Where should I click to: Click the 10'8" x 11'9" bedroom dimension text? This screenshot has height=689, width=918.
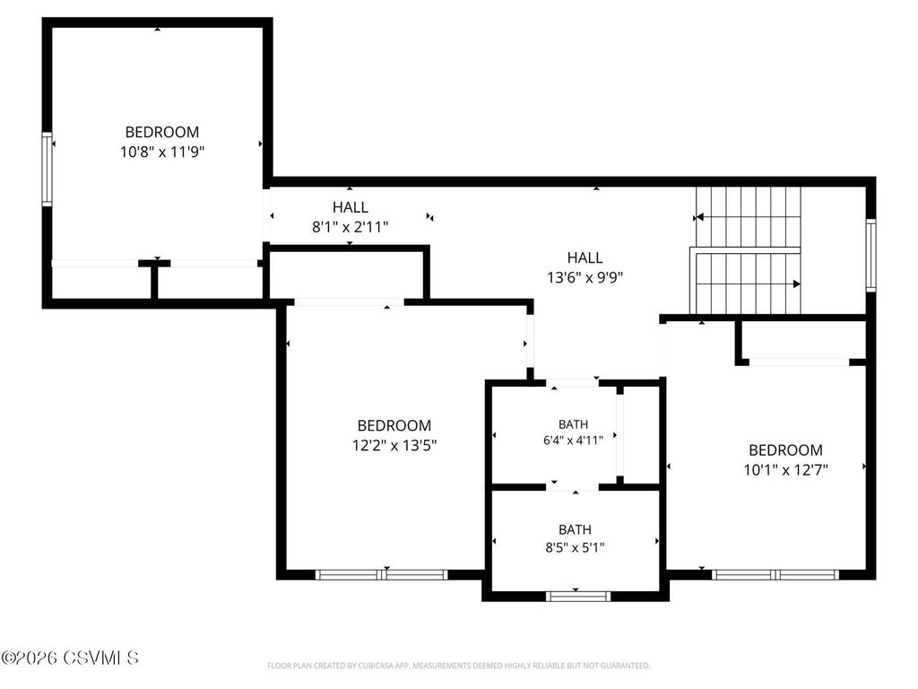point(162,153)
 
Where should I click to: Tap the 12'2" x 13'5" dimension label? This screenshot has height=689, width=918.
point(394,446)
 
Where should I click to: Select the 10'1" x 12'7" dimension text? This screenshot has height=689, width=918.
point(785,470)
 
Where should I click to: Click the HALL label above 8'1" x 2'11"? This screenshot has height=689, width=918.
point(351,207)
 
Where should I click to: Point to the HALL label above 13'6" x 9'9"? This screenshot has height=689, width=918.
point(585,257)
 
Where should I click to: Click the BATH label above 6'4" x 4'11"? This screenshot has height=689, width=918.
point(573,424)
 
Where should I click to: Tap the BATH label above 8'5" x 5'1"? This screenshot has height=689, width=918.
point(575,529)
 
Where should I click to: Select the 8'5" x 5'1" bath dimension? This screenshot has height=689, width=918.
point(575,548)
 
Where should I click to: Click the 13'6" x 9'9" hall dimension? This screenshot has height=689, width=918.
point(585,278)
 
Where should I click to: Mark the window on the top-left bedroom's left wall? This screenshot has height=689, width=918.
point(47,169)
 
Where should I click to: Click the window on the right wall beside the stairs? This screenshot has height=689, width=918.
point(871,255)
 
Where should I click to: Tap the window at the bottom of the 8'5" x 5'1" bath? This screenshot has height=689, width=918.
point(578,597)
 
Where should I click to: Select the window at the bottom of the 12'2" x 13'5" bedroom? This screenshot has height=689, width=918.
point(382,575)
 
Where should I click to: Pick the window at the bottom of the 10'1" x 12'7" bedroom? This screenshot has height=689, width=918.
point(775,575)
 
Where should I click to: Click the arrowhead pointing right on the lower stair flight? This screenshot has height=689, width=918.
point(797,284)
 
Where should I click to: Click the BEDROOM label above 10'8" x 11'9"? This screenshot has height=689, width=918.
point(162,132)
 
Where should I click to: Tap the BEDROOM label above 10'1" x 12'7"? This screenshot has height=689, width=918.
point(785,450)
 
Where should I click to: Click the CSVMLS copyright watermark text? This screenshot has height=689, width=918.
point(70,658)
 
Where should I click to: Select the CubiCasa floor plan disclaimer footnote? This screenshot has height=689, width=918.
point(458,666)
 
